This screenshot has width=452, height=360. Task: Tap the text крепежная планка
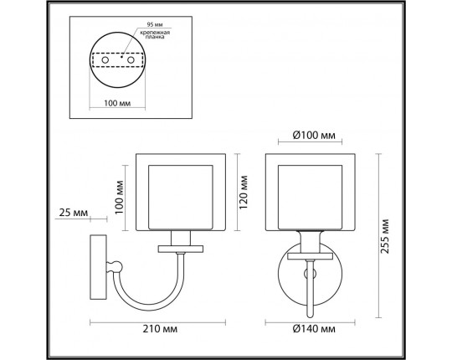click(x=157, y=36)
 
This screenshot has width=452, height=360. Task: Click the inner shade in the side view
click(x=182, y=196)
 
